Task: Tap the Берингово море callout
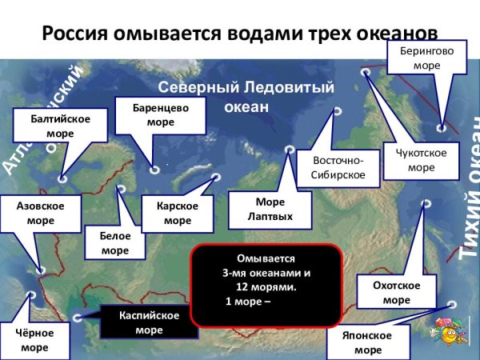[x=422, y=56]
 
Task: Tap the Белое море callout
[x=114, y=243]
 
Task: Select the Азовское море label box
[x=41, y=213]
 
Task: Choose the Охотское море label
[x=396, y=292]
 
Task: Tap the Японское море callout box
[x=368, y=342]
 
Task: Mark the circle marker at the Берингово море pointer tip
[x=442, y=127]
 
